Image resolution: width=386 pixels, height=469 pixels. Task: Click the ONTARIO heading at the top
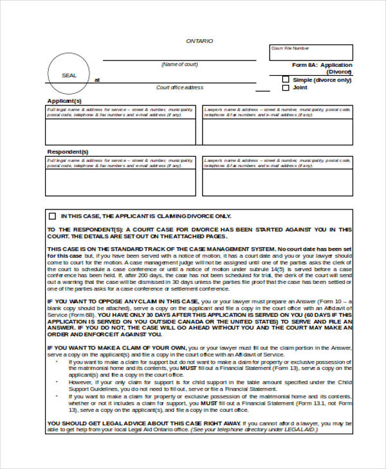point(199,41)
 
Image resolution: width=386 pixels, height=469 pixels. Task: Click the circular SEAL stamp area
point(69,76)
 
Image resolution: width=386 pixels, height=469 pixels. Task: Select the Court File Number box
point(311,52)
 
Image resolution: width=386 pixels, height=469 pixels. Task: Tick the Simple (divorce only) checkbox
point(286,80)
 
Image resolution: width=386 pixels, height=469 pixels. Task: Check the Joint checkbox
point(286,88)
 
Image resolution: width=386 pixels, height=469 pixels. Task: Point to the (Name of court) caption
point(179,65)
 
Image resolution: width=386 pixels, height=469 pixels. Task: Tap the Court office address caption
point(179,87)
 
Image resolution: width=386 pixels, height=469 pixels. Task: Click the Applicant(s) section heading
point(64,101)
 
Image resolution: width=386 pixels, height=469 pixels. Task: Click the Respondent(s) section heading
point(68,152)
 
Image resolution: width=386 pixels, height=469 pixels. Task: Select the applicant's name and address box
point(120,126)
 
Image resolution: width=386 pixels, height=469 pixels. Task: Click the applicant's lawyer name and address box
point(277,126)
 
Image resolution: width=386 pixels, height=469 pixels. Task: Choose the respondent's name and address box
point(120,177)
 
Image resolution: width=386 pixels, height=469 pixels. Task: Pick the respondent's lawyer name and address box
point(277,177)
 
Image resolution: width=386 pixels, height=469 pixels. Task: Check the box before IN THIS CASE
point(52,216)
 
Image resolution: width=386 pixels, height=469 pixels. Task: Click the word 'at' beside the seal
point(97,80)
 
